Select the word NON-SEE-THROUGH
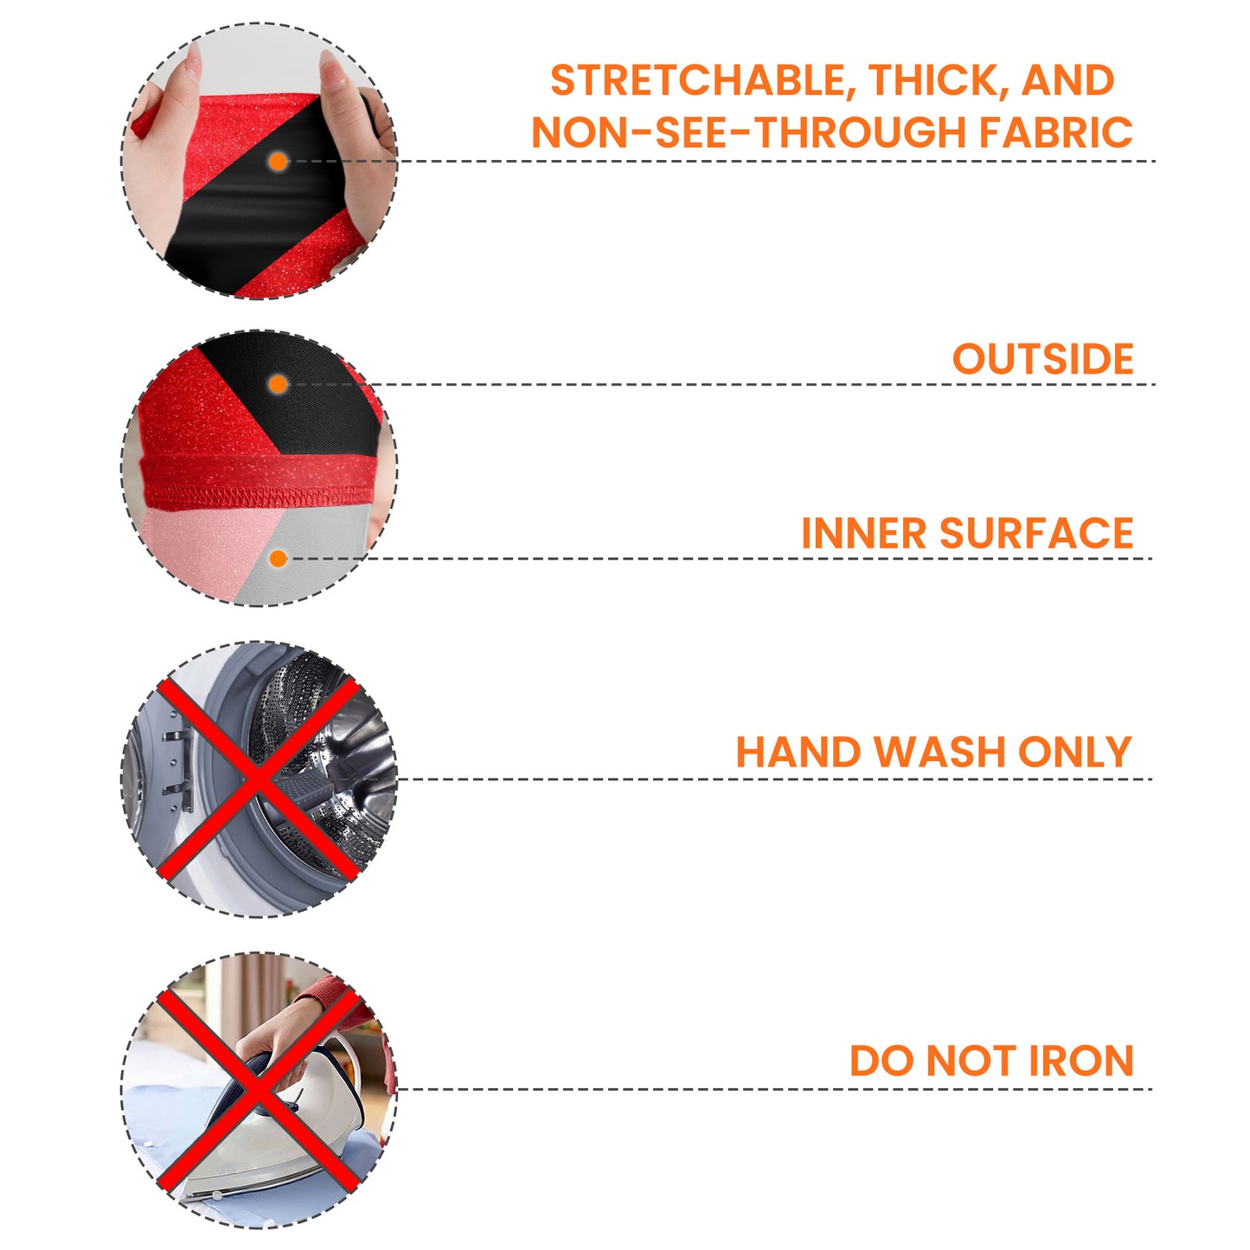(748, 132)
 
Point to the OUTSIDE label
(1043, 359)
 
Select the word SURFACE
(1036, 533)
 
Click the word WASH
(939, 752)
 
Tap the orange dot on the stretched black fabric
(279, 162)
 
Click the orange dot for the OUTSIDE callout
(279, 385)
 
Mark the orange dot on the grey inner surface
(279, 559)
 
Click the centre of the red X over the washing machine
(259, 779)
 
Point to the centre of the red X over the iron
(259, 1091)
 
